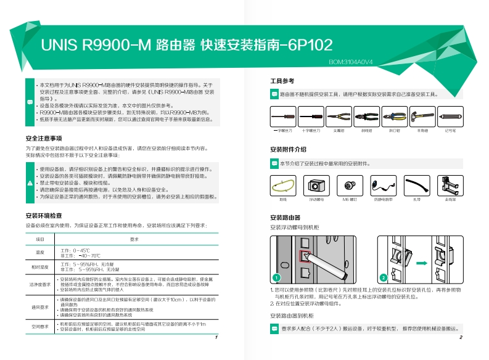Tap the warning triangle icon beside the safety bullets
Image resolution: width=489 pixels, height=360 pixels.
30,183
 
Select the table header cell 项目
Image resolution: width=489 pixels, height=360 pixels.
40,239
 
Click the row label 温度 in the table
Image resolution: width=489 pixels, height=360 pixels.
40,253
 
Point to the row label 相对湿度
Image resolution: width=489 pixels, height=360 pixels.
40,267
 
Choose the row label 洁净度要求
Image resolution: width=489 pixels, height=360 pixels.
40,284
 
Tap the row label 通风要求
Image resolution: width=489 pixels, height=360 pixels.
40,306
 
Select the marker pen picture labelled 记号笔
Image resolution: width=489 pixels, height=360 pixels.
450,116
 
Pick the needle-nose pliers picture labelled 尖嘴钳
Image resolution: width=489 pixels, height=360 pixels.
339,116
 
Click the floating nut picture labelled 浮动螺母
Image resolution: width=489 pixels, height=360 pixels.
317,184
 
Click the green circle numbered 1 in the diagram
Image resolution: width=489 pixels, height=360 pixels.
277,277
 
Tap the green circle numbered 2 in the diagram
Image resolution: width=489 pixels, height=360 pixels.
383,277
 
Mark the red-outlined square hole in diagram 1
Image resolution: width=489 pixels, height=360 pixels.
304,255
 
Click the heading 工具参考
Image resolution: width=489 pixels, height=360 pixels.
282,81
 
